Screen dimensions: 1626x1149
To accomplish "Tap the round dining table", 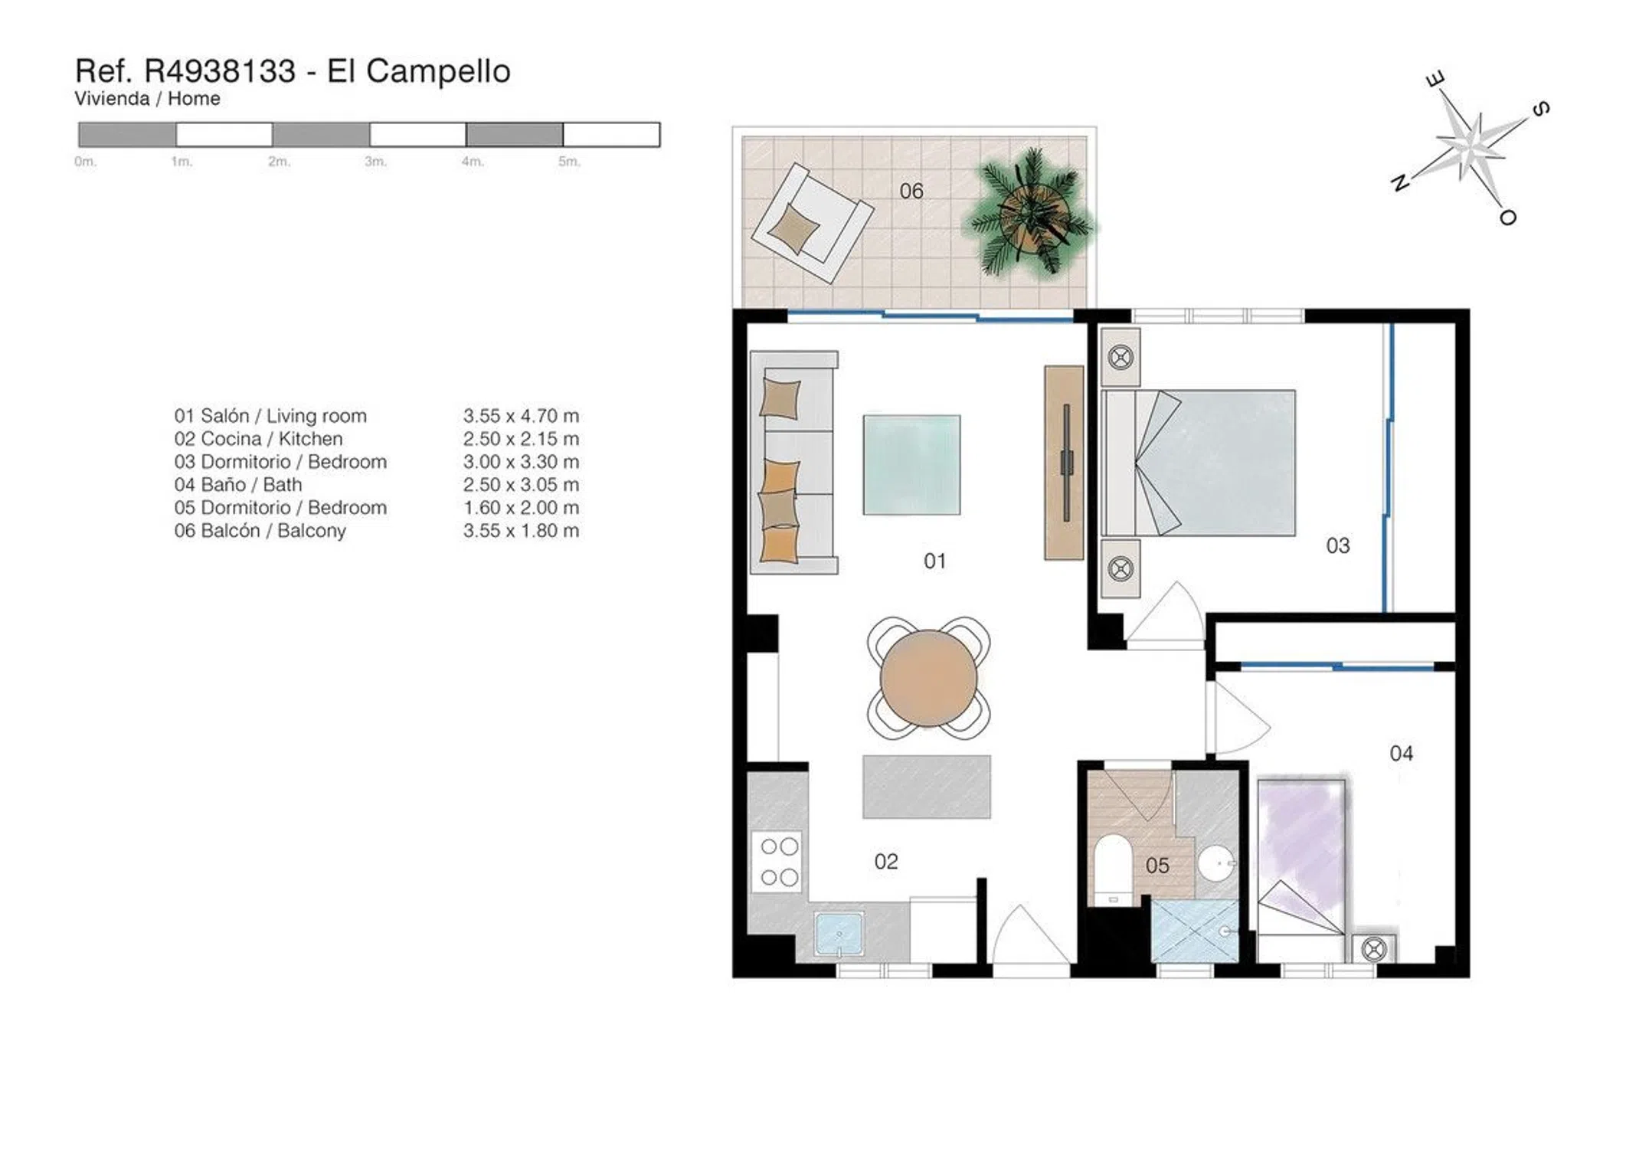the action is pyautogui.click(x=928, y=678).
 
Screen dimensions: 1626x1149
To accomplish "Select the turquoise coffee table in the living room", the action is pyautogui.click(x=911, y=465).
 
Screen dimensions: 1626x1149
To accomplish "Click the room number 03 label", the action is pyautogui.click(x=1338, y=545).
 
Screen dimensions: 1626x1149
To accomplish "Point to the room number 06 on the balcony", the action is pyautogui.click(x=911, y=191).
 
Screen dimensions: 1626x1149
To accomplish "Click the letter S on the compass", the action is pyautogui.click(x=1541, y=109).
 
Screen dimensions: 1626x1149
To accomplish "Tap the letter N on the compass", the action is pyautogui.click(x=1400, y=182).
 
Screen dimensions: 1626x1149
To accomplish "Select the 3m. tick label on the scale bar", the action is pyautogui.click(x=375, y=162).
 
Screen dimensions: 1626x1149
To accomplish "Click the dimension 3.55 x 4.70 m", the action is pyautogui.click(x=521, y=416).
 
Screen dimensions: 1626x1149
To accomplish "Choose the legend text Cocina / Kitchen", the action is pyautogui.click(x=272, y=439).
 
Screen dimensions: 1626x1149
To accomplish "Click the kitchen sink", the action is pyautogui.click(x=839, y=934).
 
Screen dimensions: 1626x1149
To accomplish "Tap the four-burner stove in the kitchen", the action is pyautogui.click(x=779, y=862).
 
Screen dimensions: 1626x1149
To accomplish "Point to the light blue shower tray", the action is pyautogui.click(x=1195, y=931).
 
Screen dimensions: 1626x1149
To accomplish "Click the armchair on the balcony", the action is pyautogui.click(x=812, y=223).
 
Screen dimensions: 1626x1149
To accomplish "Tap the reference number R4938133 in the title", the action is pyautogui.click(x=220, y=71).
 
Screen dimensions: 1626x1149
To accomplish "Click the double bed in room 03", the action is pyautogui.click(x=1199, y=463).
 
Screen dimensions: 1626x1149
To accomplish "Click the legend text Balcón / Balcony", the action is pyautogui.click(x=273, y=531).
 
